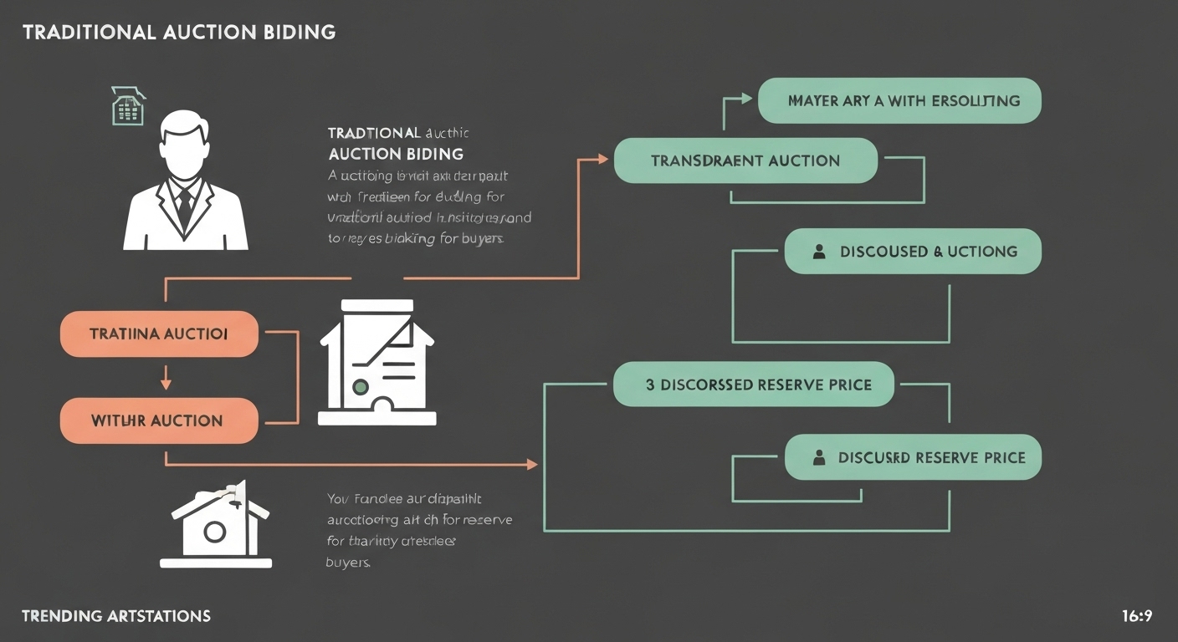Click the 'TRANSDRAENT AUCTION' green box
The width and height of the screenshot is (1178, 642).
point(745,160)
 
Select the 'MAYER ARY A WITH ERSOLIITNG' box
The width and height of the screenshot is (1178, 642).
point(899,100)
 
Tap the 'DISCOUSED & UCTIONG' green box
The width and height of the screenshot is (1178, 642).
point(913,252)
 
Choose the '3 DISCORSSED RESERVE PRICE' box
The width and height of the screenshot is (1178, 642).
point(754,385)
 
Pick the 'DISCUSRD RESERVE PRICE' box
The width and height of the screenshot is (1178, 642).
point(913,457)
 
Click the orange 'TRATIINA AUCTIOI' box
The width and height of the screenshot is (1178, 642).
point(159,334)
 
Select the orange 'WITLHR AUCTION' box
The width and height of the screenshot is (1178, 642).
point(159,420)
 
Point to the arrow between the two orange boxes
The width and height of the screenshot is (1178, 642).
point(166,378)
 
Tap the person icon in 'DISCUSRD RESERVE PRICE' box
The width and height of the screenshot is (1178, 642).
point(819,457)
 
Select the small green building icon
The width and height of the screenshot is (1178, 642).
point(128,106)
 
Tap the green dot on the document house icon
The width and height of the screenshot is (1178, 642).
point(361,387)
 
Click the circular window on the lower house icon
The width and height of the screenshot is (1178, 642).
point(214,531)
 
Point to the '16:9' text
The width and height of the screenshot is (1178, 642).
point(1137,616)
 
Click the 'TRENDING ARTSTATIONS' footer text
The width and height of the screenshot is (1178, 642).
point(116,616)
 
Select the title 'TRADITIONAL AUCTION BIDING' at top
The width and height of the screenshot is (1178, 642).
point(179,33)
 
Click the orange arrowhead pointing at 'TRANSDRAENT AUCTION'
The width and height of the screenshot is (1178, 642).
point(603,158)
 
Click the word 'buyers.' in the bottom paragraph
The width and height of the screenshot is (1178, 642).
point(347,562)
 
